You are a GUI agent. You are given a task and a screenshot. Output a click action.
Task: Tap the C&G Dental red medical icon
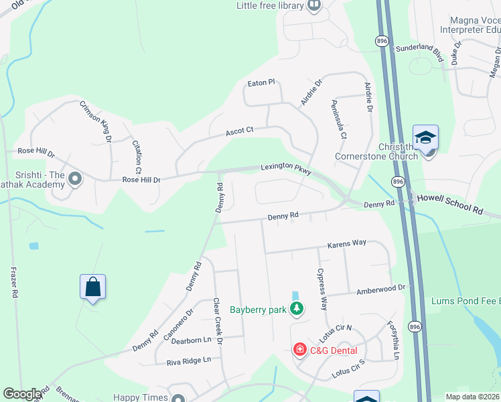click(x=299, y=350)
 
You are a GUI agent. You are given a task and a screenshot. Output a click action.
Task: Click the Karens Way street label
click(x=346, y=245)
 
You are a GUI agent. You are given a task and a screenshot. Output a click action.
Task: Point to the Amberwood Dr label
click(x=381, y=287)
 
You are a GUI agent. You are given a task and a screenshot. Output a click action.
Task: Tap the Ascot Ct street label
click(x=239, y=131)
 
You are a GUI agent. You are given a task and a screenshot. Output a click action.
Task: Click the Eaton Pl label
click(x=261, y=82)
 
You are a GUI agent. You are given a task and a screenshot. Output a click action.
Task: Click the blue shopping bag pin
click(x=92, y=287)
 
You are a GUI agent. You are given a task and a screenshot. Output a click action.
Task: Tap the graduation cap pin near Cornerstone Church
click(x=425, y=139)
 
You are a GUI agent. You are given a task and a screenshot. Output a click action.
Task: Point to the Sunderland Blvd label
click(x=420, y=49)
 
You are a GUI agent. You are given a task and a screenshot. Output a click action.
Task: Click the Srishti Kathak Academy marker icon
click(x=75, y=179)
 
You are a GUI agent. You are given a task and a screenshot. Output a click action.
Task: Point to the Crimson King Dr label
click(x=96, y=121)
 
